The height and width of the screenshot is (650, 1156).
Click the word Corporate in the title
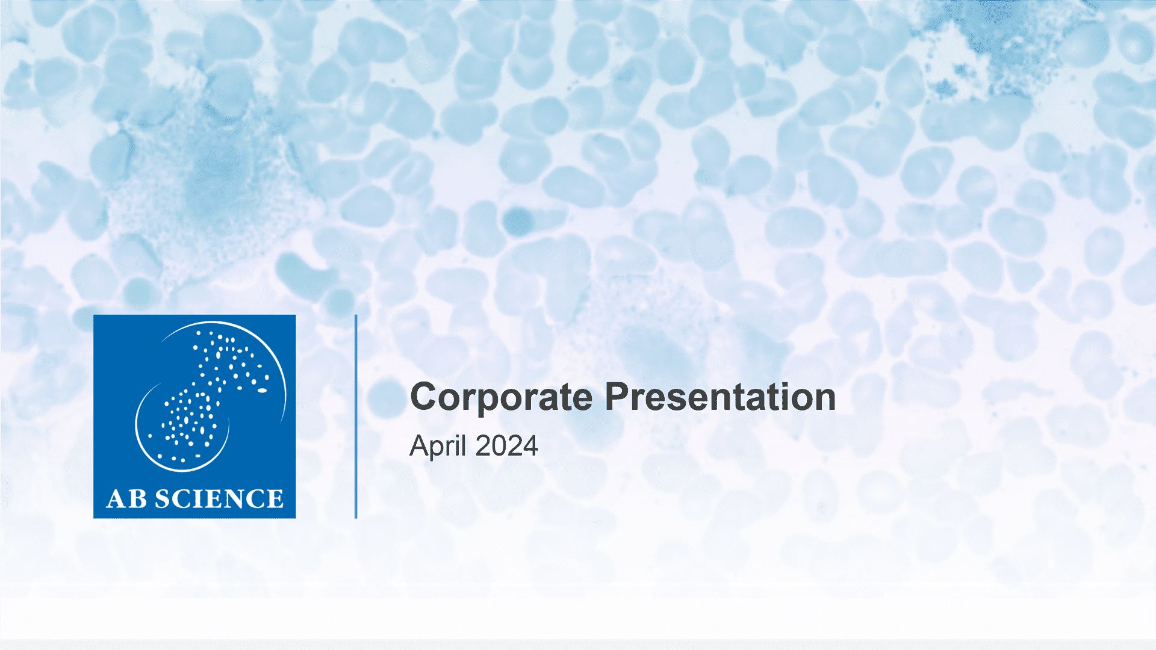[501, 397]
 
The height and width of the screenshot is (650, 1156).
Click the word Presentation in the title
[720, 397]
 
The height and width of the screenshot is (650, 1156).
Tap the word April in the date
[438, 447]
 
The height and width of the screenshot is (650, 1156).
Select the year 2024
[506, 447]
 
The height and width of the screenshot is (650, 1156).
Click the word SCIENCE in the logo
[219, 499]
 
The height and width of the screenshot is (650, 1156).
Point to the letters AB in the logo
[126, 499]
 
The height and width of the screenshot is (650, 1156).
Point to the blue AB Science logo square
[194, 416]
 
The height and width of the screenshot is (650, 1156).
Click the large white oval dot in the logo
[262, 391]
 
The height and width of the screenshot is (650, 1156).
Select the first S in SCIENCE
[163, 499]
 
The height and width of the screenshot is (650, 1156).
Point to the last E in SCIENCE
[276, 499]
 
